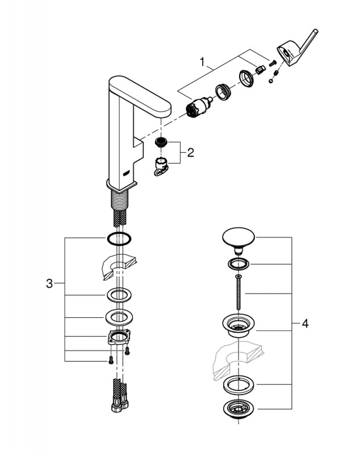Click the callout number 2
[191, 152]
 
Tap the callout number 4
[305, 324]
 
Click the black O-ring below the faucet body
[118, 238]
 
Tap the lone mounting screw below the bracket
[107, 359]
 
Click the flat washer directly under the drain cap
[238, 263]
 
